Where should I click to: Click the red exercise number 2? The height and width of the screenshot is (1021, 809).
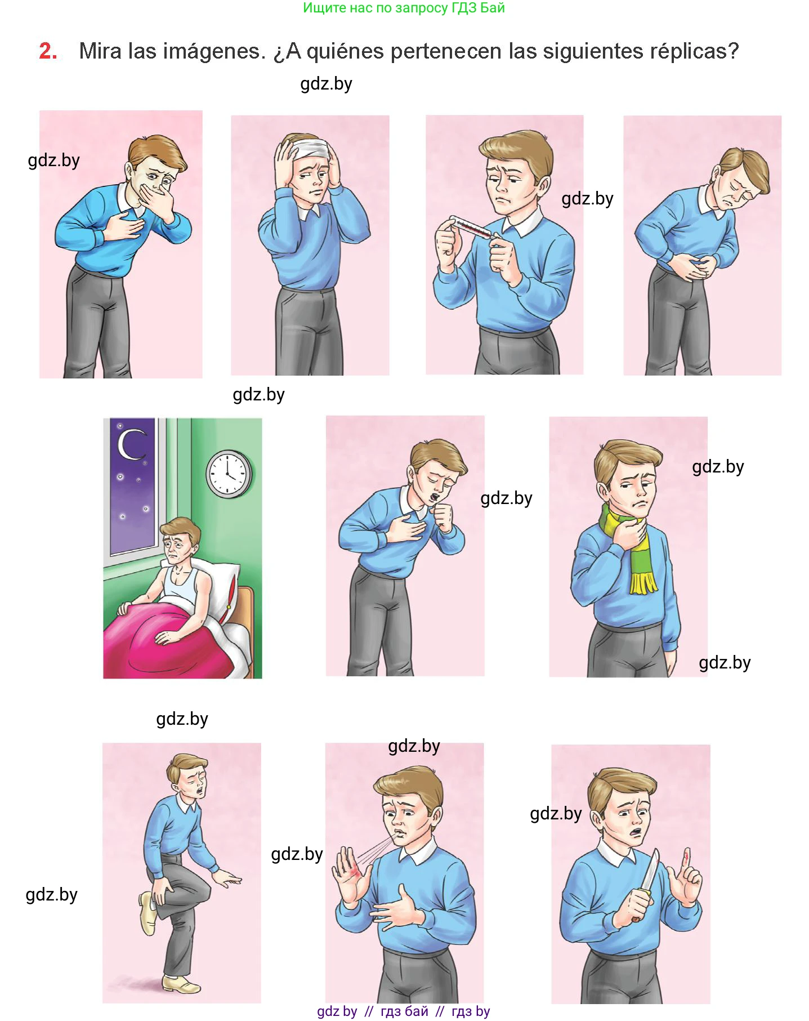coord(48,51)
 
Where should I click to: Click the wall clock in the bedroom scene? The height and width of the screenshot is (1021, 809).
coord(229,474)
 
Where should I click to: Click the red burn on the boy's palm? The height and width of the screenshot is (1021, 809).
coord(355,873)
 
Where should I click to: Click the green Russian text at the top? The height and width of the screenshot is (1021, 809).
coord(404,8)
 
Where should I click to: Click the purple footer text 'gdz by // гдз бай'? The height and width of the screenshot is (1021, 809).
coord(373,1011)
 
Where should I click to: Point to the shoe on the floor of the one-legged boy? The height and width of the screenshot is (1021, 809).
coord(181,984)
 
